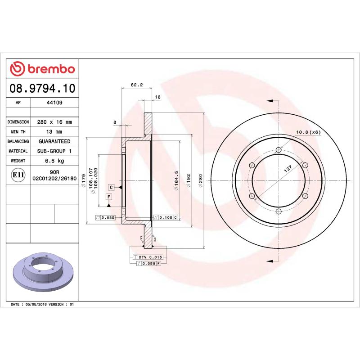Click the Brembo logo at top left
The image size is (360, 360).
point(42,69)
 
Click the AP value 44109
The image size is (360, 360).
point(54,103)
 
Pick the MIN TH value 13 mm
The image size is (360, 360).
point(54,132)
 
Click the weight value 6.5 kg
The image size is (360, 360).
point(54,161)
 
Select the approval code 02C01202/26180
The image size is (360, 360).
point(54,179)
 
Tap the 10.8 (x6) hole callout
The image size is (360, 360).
point(308,132)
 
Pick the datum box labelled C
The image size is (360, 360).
point(110,187)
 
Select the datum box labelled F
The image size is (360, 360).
point(108,197)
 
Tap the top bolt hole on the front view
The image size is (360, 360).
point(278,150)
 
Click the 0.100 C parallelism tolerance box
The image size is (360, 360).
point(166,218)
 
